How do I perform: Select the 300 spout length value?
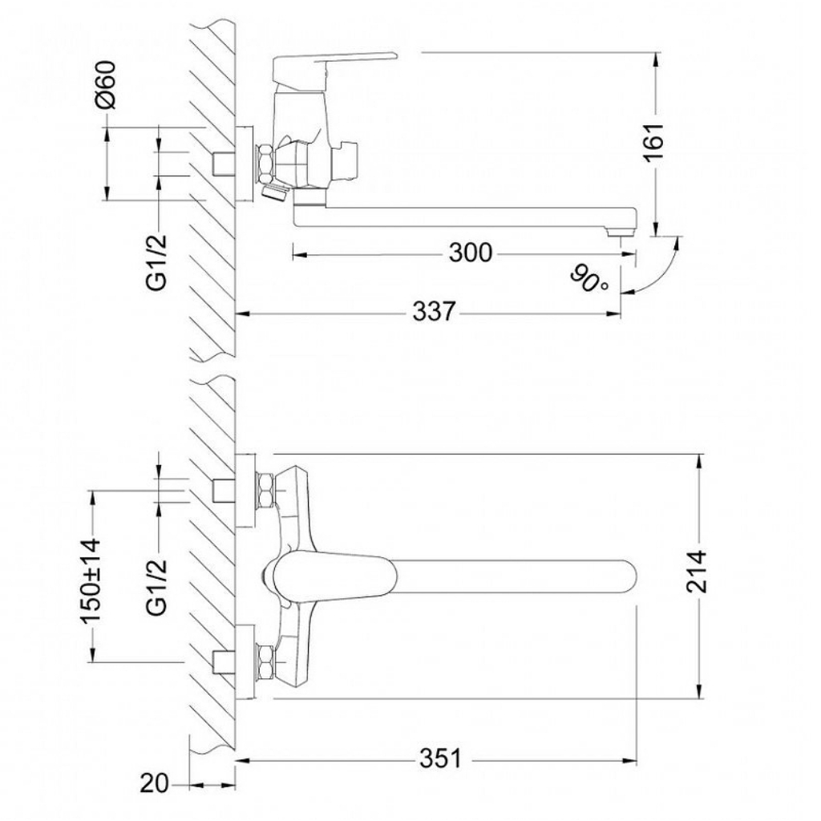pyautogui.click(x=471, y=253)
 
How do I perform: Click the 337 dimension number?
pyautogui.click(x=435, y=312)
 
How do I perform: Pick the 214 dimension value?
pyautogui.click(x=697, y=572)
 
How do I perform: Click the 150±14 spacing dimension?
pyautogui.click(x=90, y=580)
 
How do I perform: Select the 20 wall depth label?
pyautogui.click(x=155, y=784)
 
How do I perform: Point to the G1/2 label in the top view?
pyautogui.click(x=156, y=586)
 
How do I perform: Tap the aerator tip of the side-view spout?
pyautogui.click(x=620, y=233)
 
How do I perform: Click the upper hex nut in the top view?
pyautogui.click(x=265, y=490)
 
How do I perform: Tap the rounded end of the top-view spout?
pyautogui.click(x=629, y=579)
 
